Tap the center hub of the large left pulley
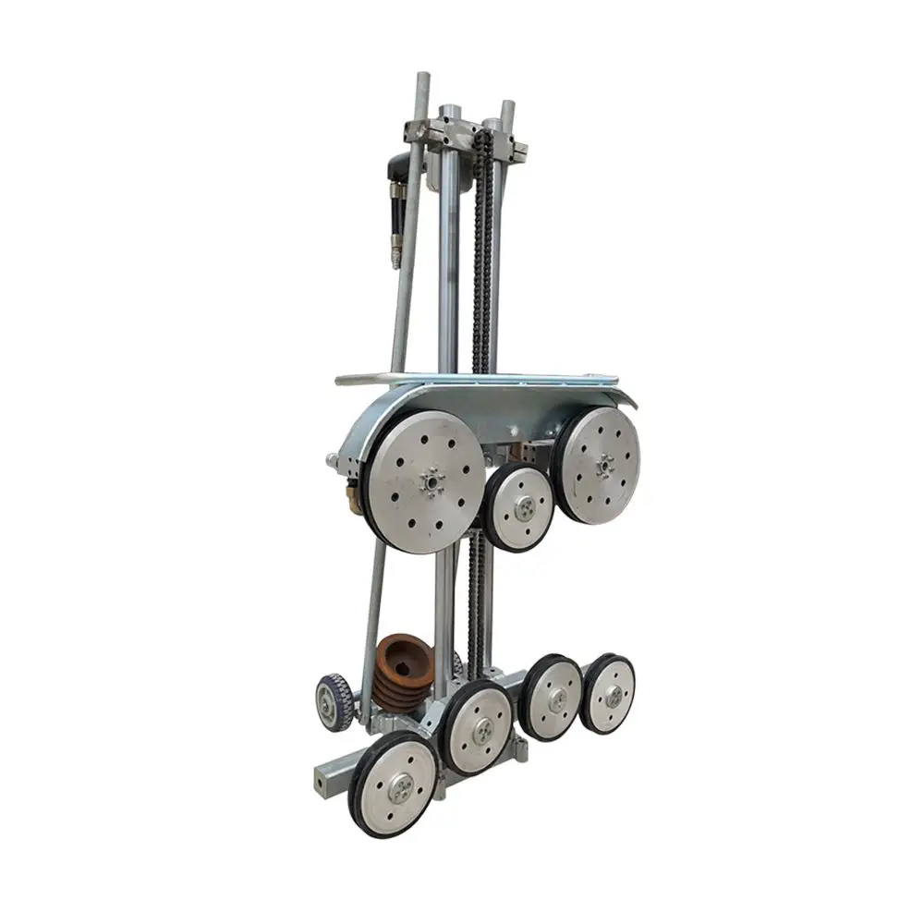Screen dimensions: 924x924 coord(430,481)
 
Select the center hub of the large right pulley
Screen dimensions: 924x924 coord(604,466)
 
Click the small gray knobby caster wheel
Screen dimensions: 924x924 coord(334,701)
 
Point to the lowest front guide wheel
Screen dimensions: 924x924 coord(396,786)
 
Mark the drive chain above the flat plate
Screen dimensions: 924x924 coord(480,259)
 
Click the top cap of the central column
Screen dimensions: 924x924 coord(449,111)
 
